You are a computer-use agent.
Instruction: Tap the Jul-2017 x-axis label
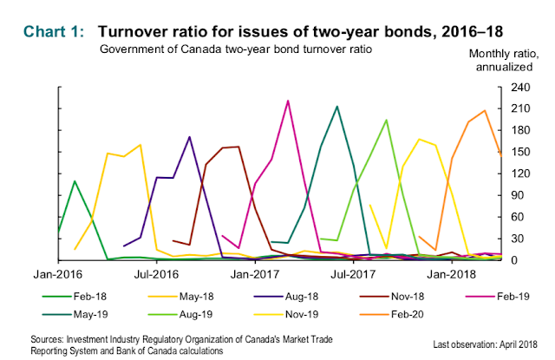tap(350, 274)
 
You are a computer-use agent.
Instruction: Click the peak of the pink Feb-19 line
tap(288, 101)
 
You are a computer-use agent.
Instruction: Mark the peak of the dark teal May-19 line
tap(336, 106)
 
